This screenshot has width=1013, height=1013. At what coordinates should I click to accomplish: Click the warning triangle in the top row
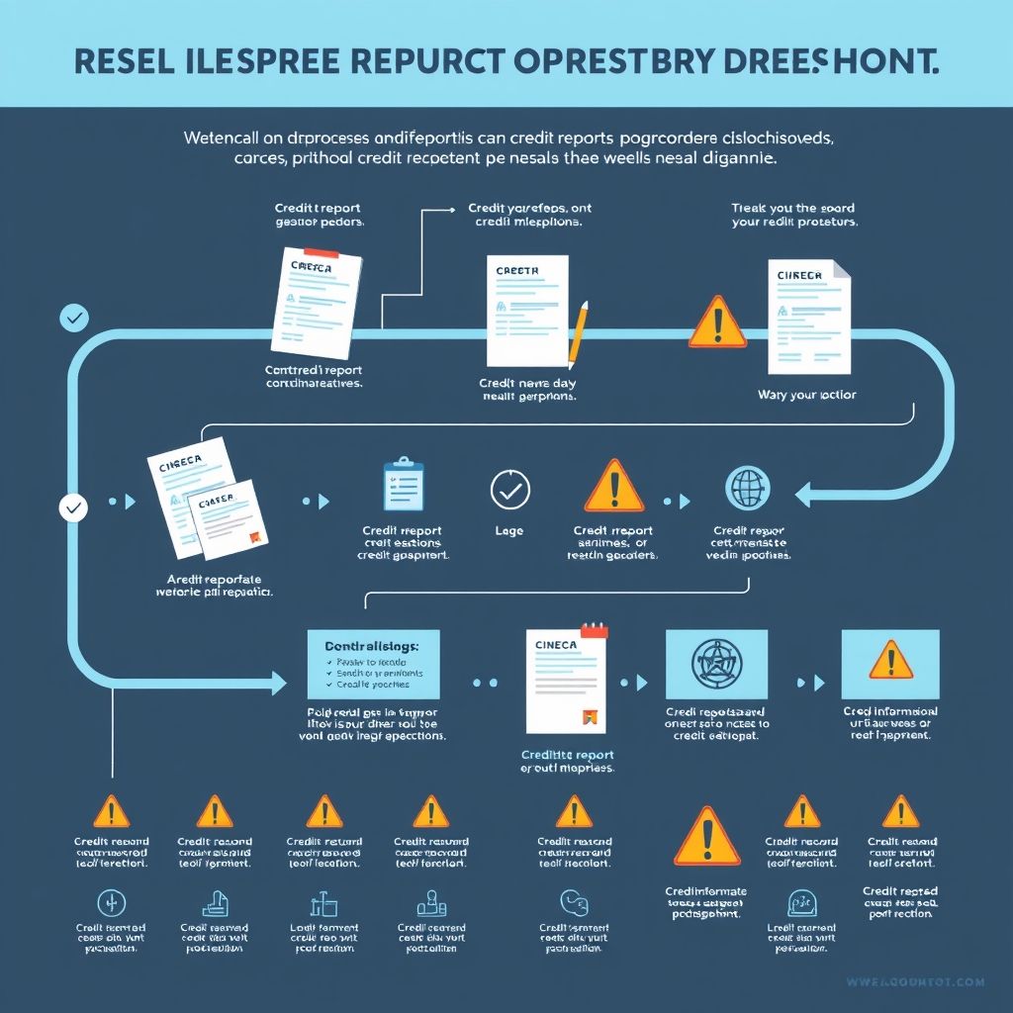pyautogui.click(x=717, y=322)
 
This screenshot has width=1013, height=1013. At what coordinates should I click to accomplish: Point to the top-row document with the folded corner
pyautogui.click(x=809, y=317)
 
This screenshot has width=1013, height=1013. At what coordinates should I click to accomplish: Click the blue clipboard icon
pyautogui.click(x=403, y=485)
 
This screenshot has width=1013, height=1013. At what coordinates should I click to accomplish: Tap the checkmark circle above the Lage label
pyautogui.click(x=510, y=489)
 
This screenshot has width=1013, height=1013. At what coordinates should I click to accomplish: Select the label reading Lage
pyautogui.click(x=508, y=531)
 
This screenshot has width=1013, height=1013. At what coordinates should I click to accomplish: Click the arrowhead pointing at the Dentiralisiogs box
pyautogui.click(x=278, y=681)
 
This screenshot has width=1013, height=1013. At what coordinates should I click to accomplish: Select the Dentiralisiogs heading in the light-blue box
pyautogui.click(x=373, y=645)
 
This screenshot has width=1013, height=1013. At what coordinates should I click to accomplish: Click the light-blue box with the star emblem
pyautogui.click(x=717, y=664)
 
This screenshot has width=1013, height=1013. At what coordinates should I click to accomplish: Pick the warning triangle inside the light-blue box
pyautogui.click(x=890, y=661)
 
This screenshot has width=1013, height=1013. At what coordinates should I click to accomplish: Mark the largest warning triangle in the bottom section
pyautogui.click(x=706, y=837)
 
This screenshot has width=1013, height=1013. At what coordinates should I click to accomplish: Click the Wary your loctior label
pyautogui.click(x=806, y=395)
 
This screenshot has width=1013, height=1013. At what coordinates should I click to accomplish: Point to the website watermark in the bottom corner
pyautogui.click(x=915, y=981)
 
